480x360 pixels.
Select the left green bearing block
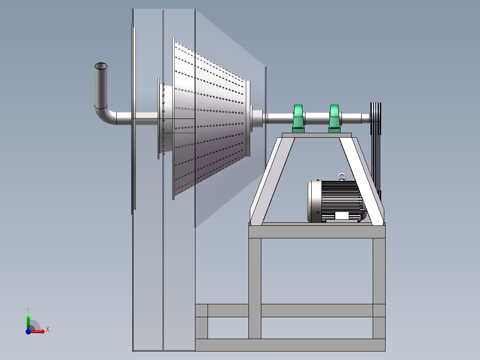pos(298,119)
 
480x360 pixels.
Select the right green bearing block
pos(335,119)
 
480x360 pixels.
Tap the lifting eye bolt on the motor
pos(342,177)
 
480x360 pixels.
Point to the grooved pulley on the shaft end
pos(376,118)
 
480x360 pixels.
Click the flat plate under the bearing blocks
pos(317,135)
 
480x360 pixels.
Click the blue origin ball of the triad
pos(28,331)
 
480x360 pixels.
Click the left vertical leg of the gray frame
pos(255,285)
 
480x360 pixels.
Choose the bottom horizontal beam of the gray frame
pos(289,344)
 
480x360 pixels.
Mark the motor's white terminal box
pos(342,216)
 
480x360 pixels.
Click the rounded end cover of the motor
pos(313,201)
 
